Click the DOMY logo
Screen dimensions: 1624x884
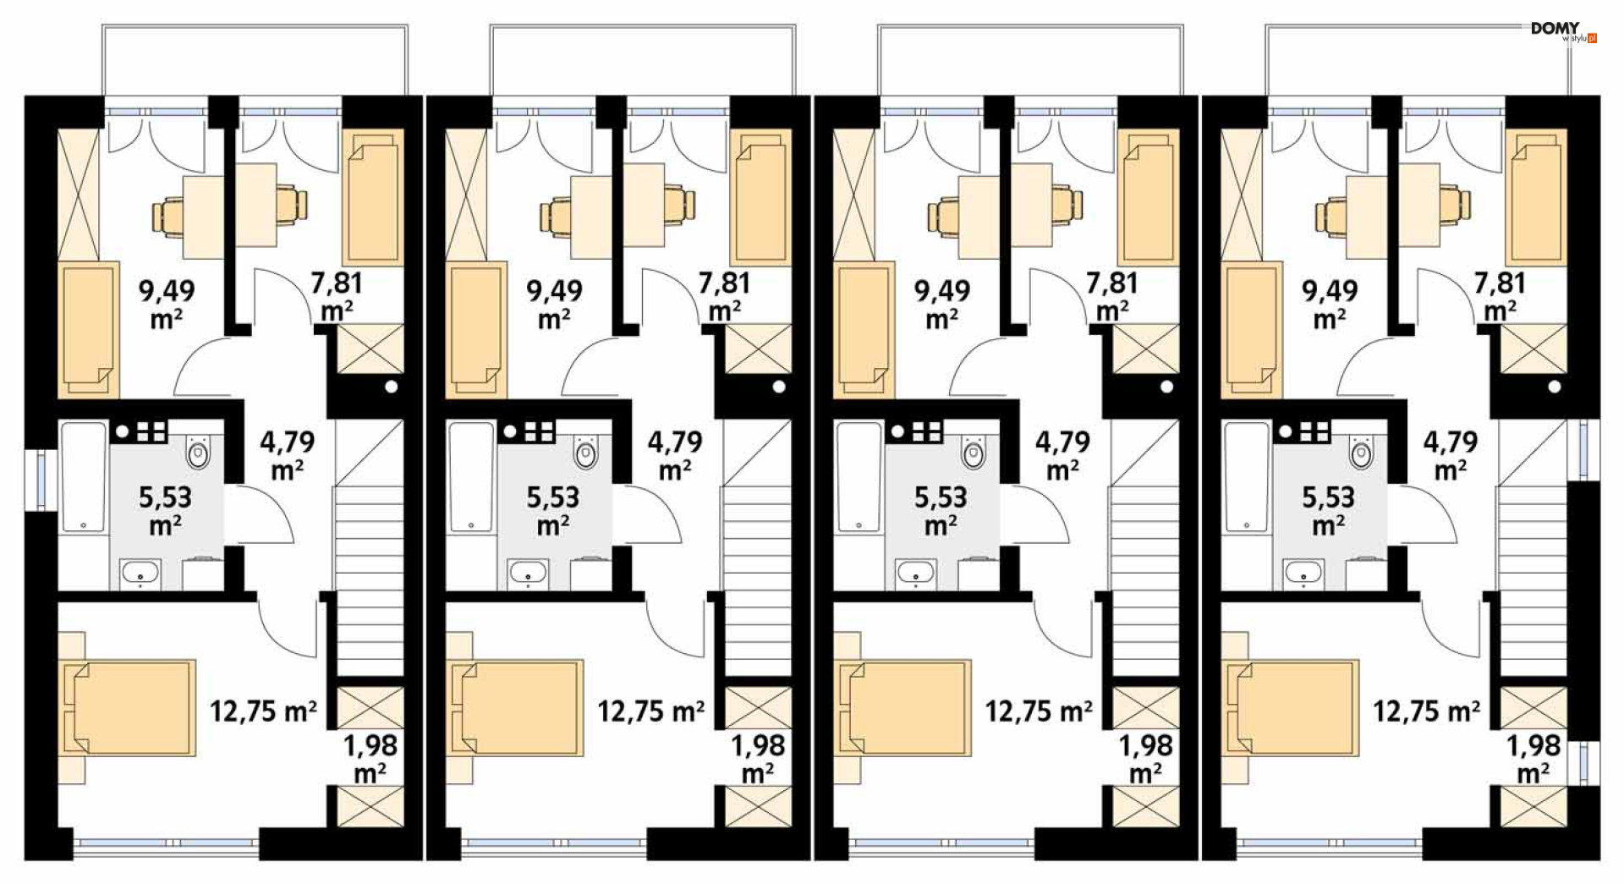1563,31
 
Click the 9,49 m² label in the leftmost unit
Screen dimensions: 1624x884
167,304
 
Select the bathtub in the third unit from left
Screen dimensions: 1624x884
859,477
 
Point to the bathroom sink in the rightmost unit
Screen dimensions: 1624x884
1303,573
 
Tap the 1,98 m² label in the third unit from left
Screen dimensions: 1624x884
1146,759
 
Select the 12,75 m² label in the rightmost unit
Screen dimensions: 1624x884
1426,711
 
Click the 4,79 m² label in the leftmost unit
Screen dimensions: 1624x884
288,454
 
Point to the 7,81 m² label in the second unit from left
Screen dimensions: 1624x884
725,296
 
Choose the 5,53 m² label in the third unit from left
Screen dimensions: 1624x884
941,511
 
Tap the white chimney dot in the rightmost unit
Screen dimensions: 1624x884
1555,387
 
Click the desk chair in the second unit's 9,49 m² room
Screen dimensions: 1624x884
556,215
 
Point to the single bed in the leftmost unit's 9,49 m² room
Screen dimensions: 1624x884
88,329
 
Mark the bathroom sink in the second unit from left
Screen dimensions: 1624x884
528,573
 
